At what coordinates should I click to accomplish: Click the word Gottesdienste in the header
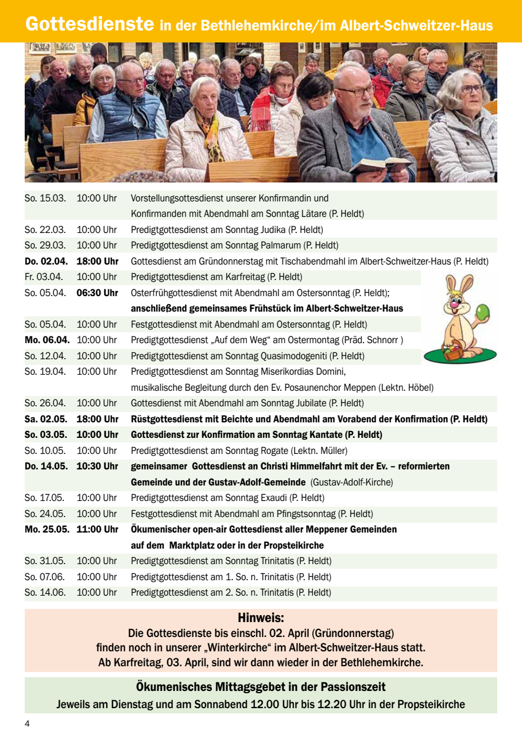[90, 24]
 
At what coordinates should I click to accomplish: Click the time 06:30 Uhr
[97, 293]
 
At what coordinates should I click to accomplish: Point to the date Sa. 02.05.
[45, 419]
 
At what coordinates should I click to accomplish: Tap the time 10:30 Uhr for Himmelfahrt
[97, 466]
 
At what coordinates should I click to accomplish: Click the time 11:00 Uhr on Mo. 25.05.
[97, 529]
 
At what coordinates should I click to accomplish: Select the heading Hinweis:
[261, 618]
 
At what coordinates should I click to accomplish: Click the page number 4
[27, 724]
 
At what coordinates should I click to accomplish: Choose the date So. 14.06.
[45, 592]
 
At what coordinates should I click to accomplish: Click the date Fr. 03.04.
[44, 277]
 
